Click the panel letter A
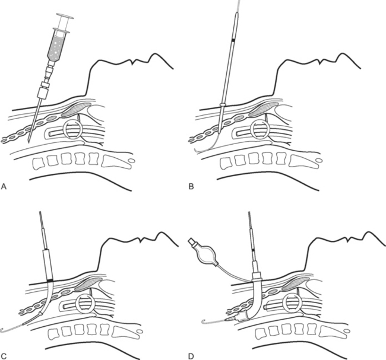[4, 187]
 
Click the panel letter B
[191, 187]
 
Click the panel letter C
[4, 356]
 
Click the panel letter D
[192, 356]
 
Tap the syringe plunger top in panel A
[65, 16]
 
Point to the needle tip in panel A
[29, 142]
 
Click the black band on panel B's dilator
[233, 40]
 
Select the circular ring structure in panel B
[260, 130]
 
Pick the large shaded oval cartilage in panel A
[75, 110]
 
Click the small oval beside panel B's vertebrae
[319, 161]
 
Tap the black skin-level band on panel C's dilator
[50, 281]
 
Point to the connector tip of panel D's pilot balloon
[192, 241]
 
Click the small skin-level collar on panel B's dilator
[223, 105]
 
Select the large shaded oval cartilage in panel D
[296, 283]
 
